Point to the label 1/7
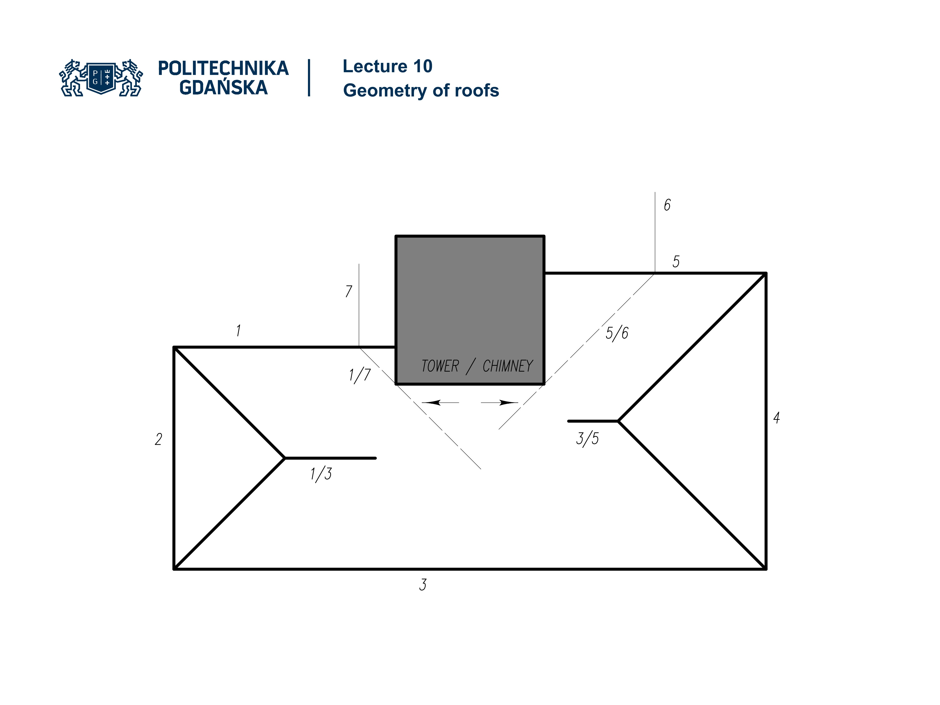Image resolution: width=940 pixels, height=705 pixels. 360,375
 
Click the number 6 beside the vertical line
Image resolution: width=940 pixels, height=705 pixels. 667,205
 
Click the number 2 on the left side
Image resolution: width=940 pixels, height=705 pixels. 159,439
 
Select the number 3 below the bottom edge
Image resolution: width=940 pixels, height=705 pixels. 423,585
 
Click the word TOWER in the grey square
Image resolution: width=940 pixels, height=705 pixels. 440,366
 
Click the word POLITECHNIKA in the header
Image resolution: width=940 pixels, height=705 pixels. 223,68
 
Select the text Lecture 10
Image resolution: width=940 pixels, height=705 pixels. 388,66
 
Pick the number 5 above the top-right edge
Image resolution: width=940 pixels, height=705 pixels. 676,261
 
